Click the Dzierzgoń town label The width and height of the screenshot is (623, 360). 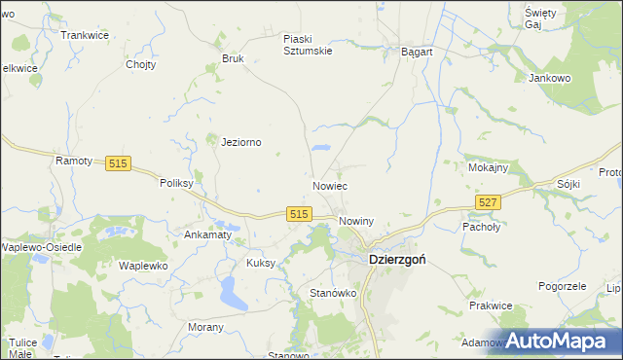[397, 261]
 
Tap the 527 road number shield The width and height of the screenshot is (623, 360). [489, 201]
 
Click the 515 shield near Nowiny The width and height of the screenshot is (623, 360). [299, 214]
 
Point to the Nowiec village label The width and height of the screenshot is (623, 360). [331, 185]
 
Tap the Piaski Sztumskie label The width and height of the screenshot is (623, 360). [308, 45]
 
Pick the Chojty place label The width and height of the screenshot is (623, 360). [142, 65]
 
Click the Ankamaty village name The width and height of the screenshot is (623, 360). [207, 234]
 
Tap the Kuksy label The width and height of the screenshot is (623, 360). [262, 263]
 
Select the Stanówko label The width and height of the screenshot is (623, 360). [334, 293]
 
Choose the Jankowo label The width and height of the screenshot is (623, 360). [548, 78]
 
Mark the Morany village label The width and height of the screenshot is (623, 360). [206, 328]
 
